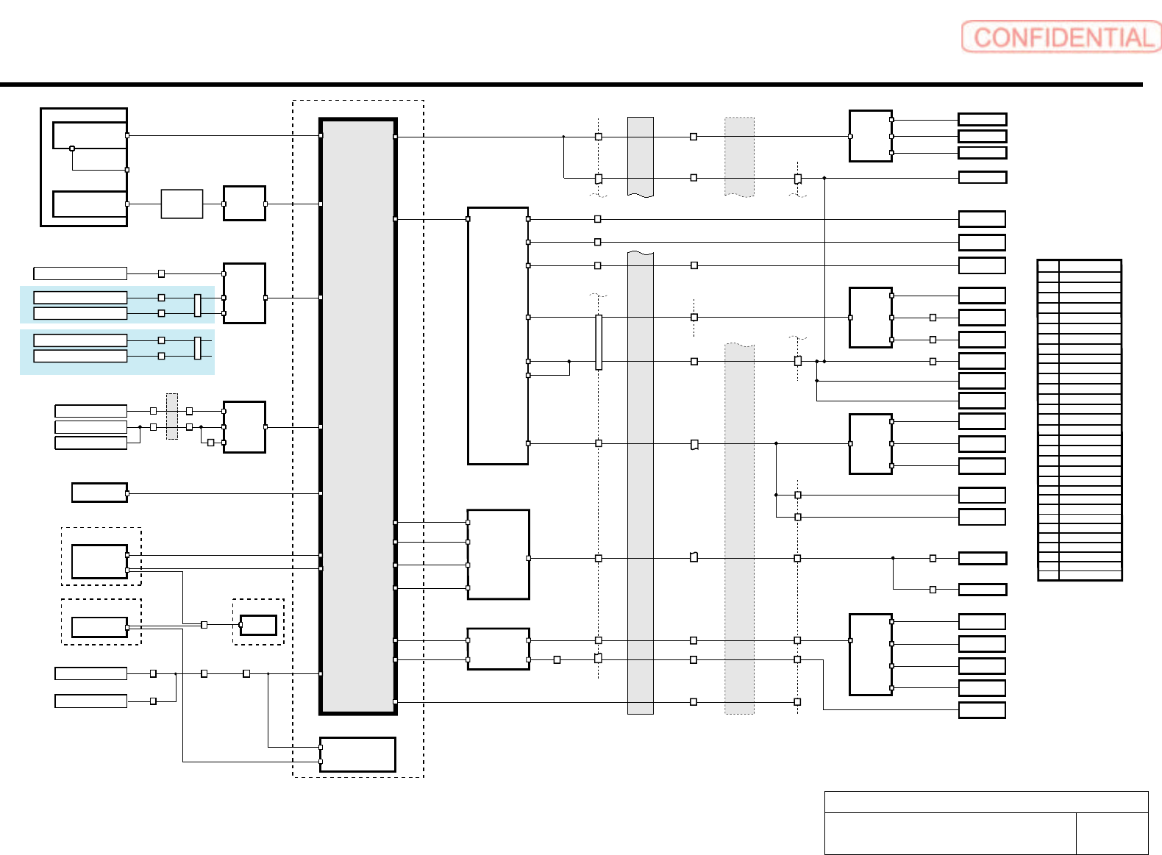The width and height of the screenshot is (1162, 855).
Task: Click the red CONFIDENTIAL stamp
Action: pos(1061,37)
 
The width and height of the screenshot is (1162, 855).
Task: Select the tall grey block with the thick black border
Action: pos(358,416)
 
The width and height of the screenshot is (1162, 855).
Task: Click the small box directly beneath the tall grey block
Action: pos(357,754)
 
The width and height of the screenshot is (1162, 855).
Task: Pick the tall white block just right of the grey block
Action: pos(498,336)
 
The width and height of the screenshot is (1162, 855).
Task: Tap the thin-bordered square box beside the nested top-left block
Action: pos(182,204)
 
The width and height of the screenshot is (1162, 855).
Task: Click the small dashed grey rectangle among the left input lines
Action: pos(172,416)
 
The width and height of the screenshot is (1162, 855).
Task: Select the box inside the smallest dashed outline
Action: pos(258,625)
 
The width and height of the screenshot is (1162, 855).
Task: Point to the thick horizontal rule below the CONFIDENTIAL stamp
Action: pos(571,85)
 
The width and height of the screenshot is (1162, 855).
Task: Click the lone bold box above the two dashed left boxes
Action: pos(99,493)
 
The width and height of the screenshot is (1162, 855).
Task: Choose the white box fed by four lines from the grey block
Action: pos(498,554)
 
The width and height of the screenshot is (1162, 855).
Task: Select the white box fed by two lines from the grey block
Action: pos(498,648)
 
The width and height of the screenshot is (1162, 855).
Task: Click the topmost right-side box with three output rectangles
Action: pos(870,136)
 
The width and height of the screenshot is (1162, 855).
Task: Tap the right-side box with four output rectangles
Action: pos(870,654)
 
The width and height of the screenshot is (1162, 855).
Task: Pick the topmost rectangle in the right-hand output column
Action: pos(982,119)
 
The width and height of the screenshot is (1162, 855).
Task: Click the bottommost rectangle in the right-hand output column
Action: pos(982,710)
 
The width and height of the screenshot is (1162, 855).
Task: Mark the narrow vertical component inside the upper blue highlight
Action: pos(197,305)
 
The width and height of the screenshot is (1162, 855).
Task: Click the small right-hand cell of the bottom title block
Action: pos(1111,833)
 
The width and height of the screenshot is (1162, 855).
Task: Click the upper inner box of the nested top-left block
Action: pos(90,135)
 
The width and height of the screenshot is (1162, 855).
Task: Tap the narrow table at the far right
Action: pos(1079,420)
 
